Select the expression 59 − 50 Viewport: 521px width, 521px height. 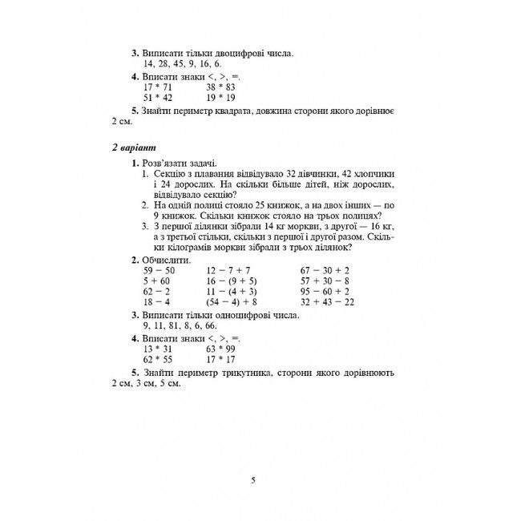tap(157, 271)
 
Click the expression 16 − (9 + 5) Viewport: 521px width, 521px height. tap(232, 281)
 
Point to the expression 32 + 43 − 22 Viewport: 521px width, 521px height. tap(327, 302)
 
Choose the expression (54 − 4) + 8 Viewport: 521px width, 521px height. tap(232, 302)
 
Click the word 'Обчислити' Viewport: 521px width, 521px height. tap(166, 260)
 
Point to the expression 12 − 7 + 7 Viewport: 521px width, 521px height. tap(228, 271)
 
